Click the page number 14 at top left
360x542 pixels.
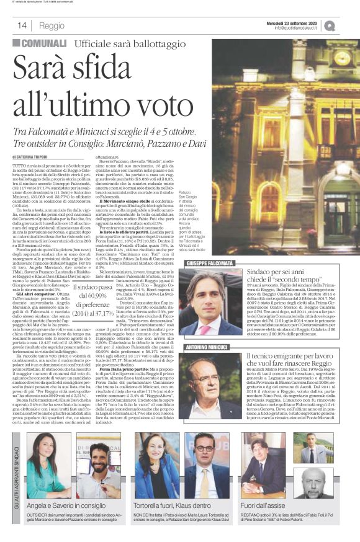pyautogui.click(x=21, y=25)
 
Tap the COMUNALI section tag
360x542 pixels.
pyautogui.click(x=38, y=45)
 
